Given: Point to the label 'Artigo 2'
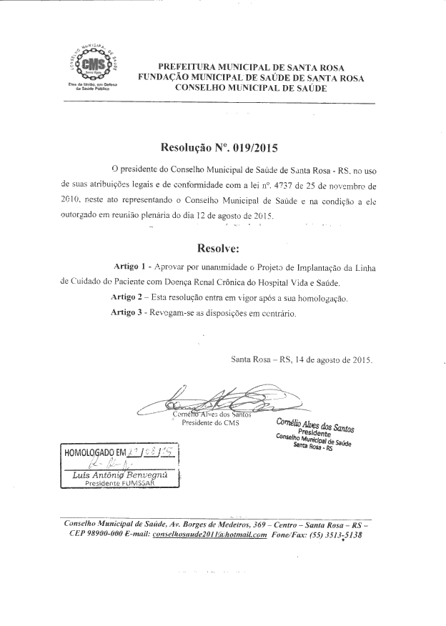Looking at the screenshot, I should click(x=130, y=297).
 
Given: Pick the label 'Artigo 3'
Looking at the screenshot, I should click(x=130, y=313).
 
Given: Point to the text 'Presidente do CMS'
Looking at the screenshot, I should click(x=211, y=423).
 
